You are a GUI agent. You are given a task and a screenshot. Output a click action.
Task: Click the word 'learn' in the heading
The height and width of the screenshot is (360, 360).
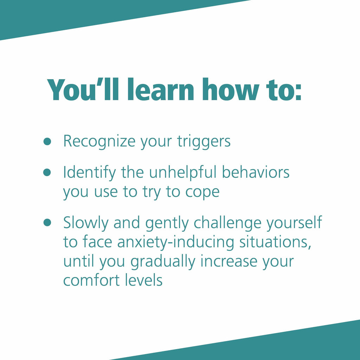coord(161,90)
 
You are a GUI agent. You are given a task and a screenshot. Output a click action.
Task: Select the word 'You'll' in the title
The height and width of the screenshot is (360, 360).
coord(83,90)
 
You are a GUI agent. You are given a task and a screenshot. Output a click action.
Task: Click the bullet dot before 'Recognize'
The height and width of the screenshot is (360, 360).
coord(47,141)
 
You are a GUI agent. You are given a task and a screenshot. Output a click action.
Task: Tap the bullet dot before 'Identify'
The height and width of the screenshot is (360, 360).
coord(47,172)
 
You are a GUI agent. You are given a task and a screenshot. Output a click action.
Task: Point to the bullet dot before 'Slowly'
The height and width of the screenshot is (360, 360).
coord(47,222)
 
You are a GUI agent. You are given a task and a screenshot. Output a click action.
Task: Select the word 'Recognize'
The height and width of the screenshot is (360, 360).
coord(99,142)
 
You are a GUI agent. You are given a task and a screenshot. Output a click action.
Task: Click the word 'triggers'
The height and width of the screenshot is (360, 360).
coord(204,142)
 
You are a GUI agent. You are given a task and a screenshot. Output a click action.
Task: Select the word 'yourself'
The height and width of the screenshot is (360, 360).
coord(294,223)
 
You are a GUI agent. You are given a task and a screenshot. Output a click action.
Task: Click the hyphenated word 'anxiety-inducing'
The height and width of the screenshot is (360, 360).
coord(176,243)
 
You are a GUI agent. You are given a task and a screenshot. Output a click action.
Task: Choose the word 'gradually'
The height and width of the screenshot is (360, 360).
coord(163,262)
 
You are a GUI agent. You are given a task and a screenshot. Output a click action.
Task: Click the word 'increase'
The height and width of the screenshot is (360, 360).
coord(229,262)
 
